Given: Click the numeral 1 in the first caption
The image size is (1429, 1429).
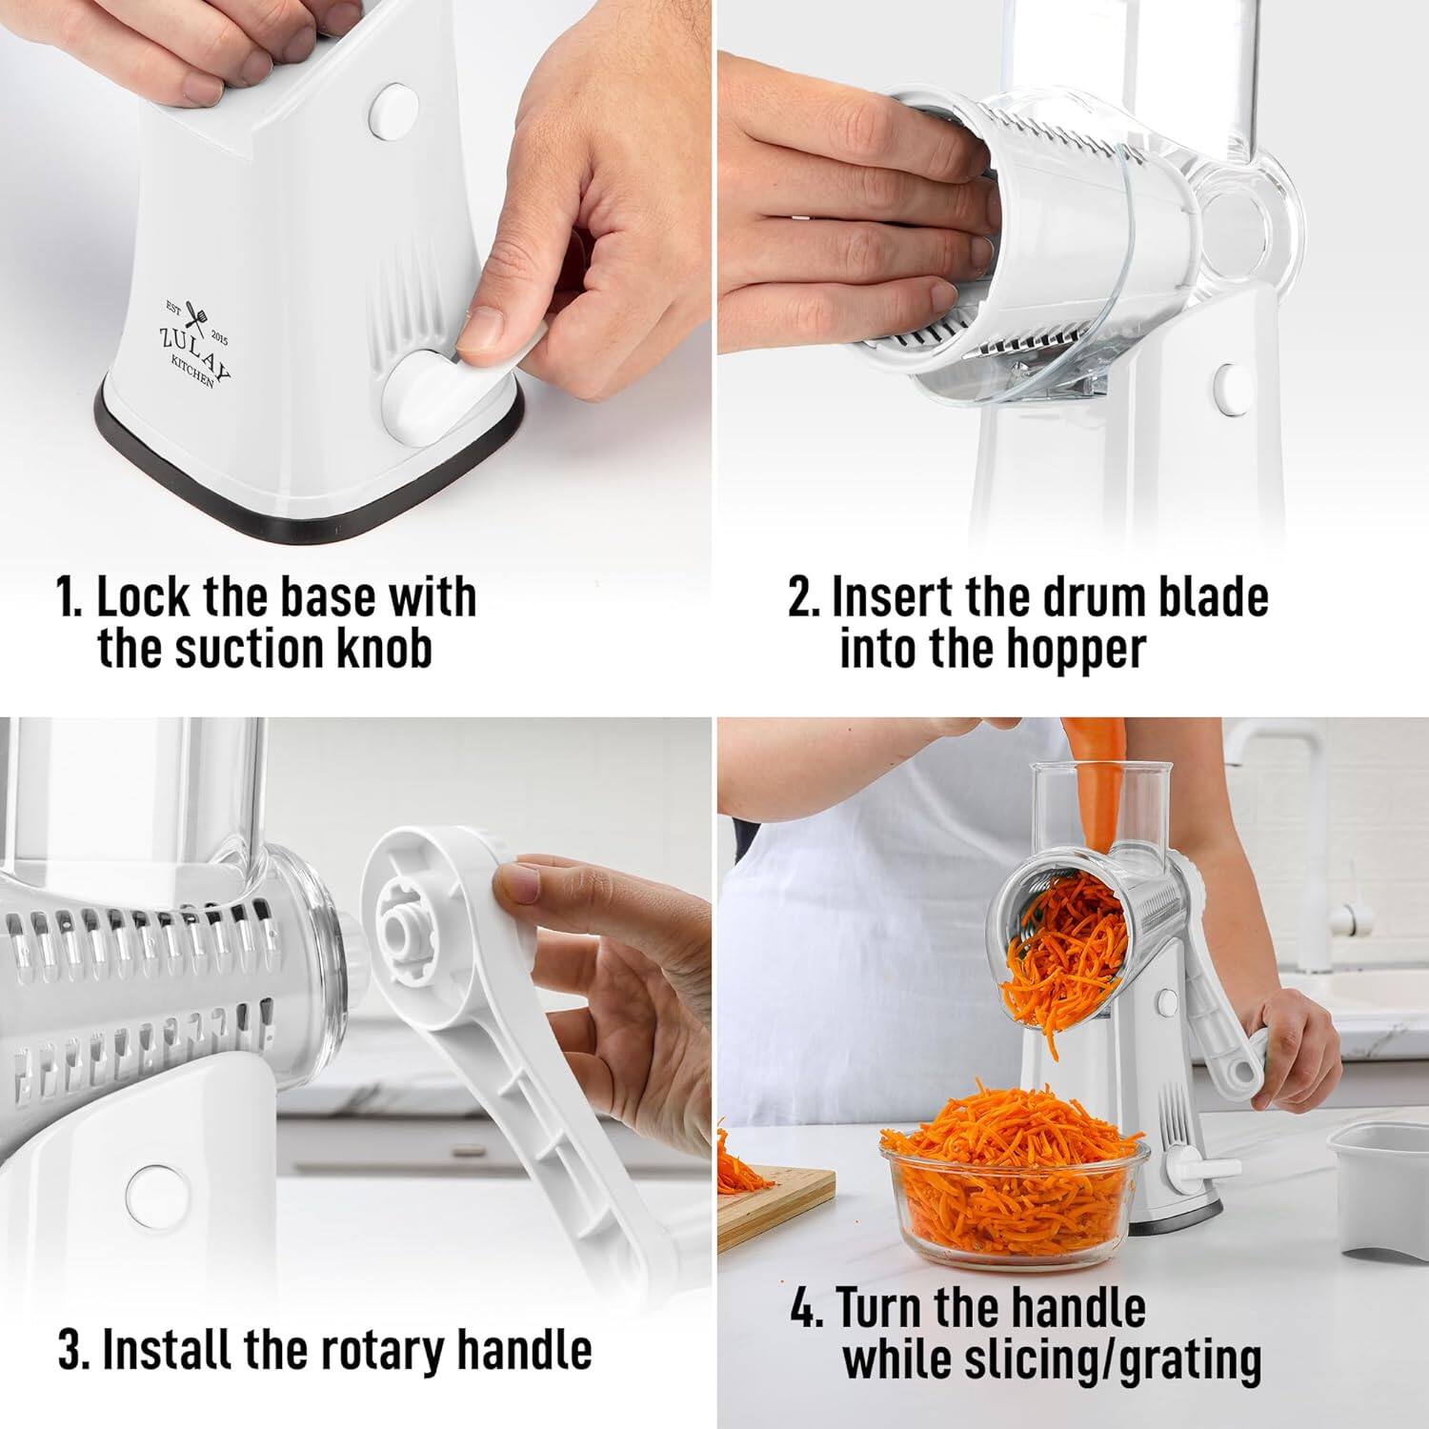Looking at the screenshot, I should point(69,598).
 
